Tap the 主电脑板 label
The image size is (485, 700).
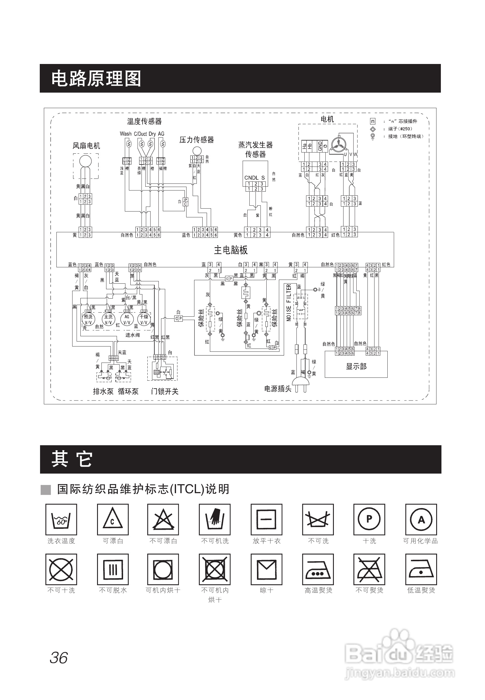pos(231,250)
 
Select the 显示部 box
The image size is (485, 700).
pos(356,366)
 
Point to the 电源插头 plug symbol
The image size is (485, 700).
pos(301,384)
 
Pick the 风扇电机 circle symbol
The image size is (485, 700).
pos(85,161)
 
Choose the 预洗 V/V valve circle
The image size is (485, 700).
pos(88,319)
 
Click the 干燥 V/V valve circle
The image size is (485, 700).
pos(144,319)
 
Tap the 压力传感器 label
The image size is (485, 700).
pos(197,140)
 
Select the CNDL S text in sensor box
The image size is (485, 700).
pos(254,178)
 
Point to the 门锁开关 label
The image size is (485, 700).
pos(165,391)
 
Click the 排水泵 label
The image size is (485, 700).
pos(103,391)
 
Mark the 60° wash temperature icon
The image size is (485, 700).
pos(61,520)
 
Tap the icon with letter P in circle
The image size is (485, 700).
pos(369,520)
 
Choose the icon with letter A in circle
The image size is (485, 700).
pos(421,520)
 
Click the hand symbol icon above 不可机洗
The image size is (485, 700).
pos(215,520)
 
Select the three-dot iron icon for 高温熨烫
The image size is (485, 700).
pos(318,569)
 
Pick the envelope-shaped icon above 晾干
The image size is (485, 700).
pos(267,569)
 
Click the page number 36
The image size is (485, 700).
pos(59,658)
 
